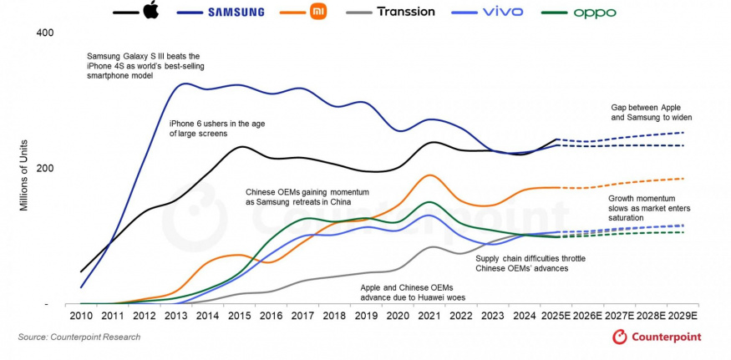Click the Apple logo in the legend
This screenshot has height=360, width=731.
(150, 11)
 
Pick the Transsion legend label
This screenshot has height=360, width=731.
(406, 12)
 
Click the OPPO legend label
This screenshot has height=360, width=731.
(595, 13)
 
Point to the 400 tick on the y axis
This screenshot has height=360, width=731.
(44, 33)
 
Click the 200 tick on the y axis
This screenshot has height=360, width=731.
(44, 168)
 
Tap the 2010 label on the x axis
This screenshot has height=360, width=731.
(81, 318)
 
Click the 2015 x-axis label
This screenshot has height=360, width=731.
(241, 318)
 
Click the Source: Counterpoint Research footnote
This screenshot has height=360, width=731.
(79, 337)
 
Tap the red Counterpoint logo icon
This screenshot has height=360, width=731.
(620, 337)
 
